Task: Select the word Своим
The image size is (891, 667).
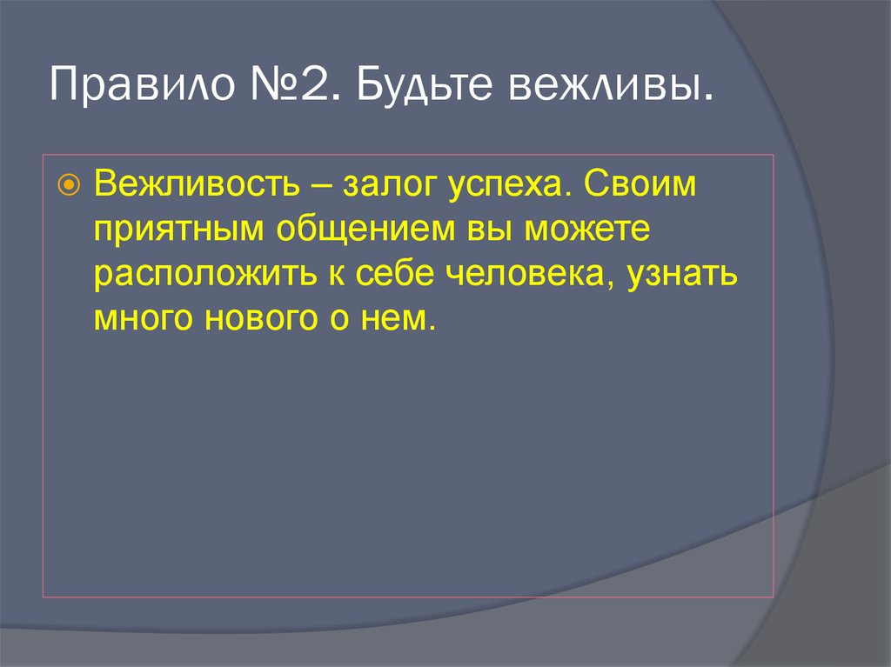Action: coord(641,185)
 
